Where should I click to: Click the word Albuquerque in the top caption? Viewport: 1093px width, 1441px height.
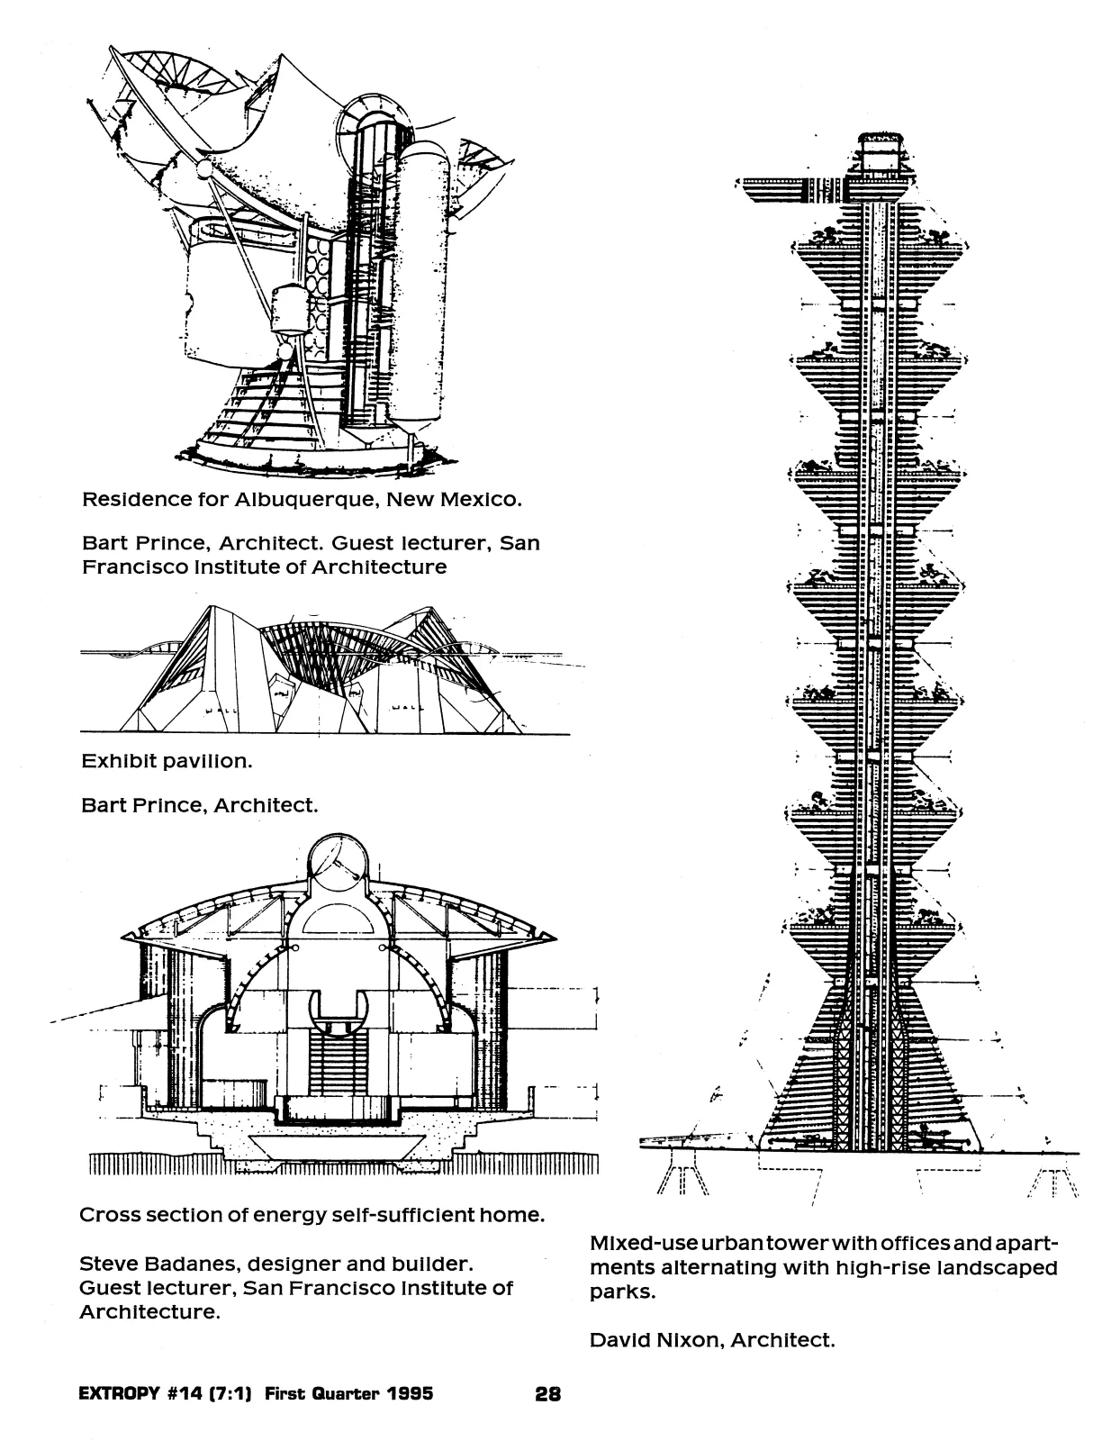tap(307, 500)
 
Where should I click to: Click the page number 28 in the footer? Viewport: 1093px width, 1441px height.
tap(547, 1394)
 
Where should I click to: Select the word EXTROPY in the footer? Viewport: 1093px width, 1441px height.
tap(119, 1393)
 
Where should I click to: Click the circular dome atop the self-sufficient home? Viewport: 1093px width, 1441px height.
tap(339, 864)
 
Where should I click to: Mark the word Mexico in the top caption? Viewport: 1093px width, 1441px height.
tap(481, 500)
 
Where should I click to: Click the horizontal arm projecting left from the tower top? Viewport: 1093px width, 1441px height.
tap(790, 190)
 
